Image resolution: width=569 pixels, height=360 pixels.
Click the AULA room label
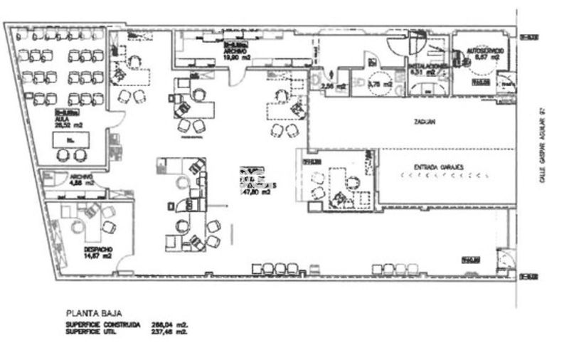[62, 120]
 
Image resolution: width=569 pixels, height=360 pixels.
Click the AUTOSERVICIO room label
[486, 52]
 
